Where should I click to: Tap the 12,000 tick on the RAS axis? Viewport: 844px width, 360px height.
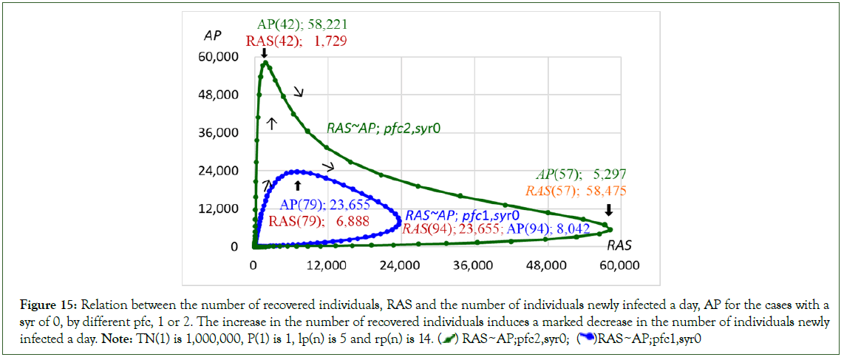click(327, 265)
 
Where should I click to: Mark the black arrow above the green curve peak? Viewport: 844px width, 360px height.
click(264, 53)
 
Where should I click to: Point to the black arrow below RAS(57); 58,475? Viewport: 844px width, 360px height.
click(608, 209)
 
